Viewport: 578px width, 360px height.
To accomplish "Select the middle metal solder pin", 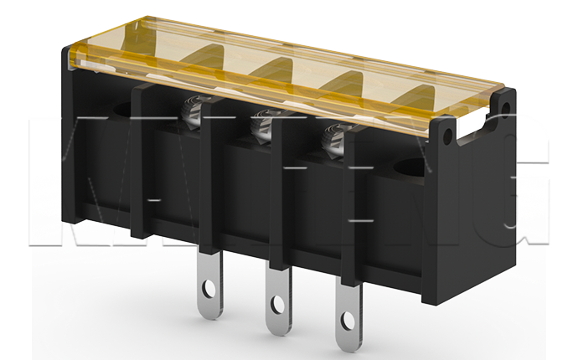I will click(276, 297).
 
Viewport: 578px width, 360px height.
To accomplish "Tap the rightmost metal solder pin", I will click(347, 309).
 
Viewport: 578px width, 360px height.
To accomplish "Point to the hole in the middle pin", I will click(276, 304).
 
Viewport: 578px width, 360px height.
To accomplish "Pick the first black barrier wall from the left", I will click(142, 159).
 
